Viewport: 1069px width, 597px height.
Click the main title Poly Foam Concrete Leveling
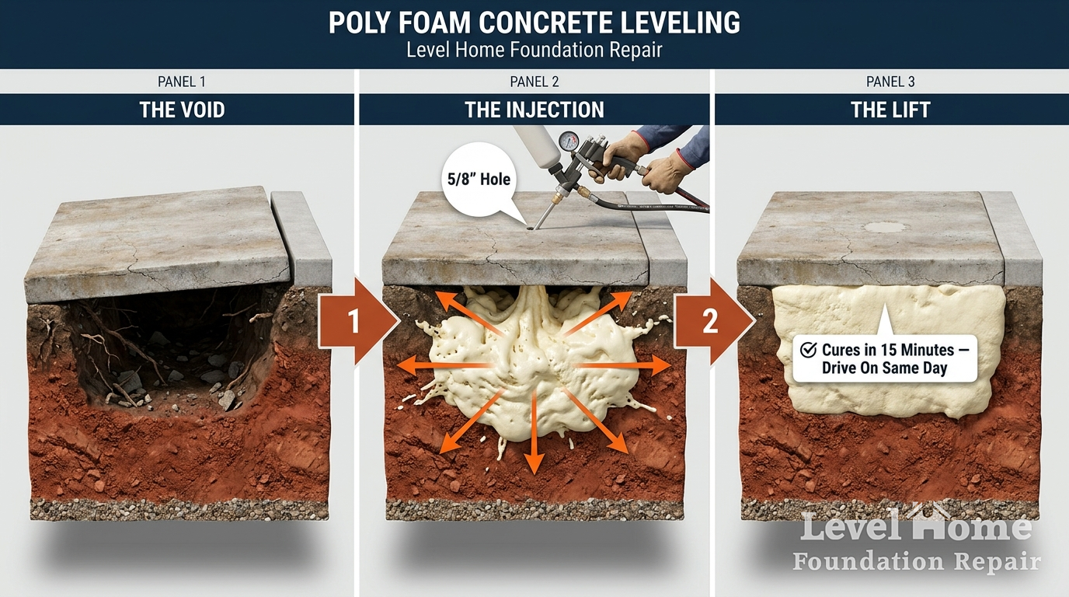tap(534, 23)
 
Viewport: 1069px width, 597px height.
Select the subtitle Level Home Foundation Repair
tap(534, 51)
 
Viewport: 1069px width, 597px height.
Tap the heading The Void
tap(182, 110)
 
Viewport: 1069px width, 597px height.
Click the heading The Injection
tap(534, 110)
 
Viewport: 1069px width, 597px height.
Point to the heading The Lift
tap(890, 110)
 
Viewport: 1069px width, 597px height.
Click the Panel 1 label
tap(182, 82)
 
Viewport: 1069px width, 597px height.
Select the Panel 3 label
tap(890, 82)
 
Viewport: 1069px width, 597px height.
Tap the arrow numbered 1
tap(358, 321)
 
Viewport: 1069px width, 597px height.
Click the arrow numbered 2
tap(713, 321)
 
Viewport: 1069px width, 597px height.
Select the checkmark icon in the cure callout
tap(808, 350)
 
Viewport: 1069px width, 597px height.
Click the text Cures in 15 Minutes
tap(888, 350)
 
